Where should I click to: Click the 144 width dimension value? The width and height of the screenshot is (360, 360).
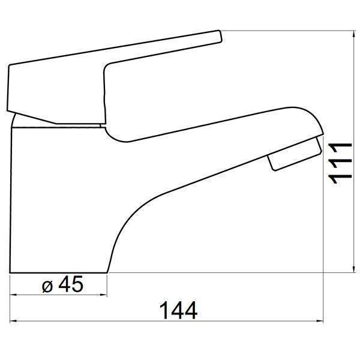pyautogui.click(x=178, y=310)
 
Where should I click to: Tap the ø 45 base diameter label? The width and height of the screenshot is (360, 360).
pyautogui.click(x=62, y=284)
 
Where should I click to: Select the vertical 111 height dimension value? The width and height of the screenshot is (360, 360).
pyautogui.click(x=340, y=163)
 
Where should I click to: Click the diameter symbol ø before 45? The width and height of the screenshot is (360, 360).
pyautogui.click(x=47, y=286)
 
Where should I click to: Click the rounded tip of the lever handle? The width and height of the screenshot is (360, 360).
pyautogui.click(x=220, y=36)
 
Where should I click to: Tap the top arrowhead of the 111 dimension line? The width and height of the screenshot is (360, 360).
pyautogui.click(x=354, y=34)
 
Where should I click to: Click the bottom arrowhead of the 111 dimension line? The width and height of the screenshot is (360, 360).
pyautogui.click(x=354, y=269)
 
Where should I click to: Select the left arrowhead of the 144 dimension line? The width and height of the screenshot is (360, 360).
pyautogui.click(x=14, y=321)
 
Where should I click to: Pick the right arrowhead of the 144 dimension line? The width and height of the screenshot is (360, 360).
pyautogui.click(x=319, y=321)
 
